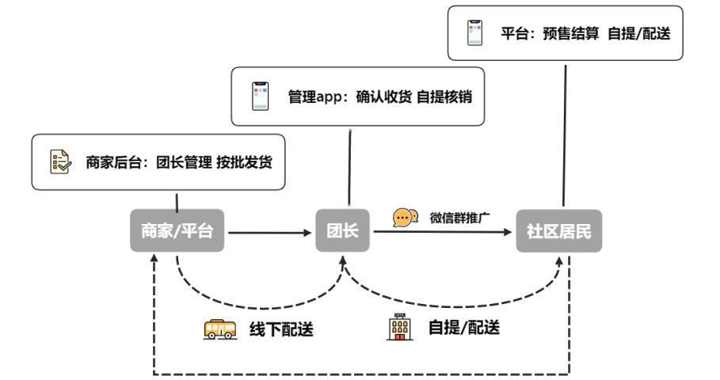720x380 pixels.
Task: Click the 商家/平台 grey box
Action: [x=177, y=232]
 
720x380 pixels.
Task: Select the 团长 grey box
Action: [x=343, y=232]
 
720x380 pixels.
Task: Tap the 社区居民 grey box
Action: [x=558, y=232]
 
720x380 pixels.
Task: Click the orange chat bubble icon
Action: [x=406, y=217]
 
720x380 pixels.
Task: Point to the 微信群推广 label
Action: [x=460, y=218]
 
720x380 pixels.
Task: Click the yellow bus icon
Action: [x=220, y=329]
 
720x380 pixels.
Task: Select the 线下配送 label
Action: [x=282, y=329]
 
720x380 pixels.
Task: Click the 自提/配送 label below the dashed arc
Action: [x=463, y=327]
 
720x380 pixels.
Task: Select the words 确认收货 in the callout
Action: [x=383, y=98]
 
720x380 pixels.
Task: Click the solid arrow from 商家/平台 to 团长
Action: [x=269, y=233]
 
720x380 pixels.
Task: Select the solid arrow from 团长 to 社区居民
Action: [x=444, y=231]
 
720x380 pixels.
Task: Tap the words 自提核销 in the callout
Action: [x=445, y=98]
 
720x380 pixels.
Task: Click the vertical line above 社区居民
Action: [x=565, y=135]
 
